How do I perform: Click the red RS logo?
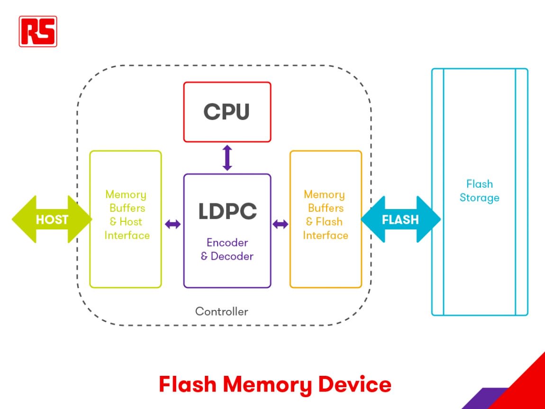[x=38, y=31]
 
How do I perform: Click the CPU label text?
[x=227, y=112]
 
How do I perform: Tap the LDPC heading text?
[x=227, y=211]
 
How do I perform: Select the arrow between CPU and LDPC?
[x=227, y=158]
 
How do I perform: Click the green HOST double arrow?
[x=52, y=219]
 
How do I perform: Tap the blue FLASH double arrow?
[x=401, y=219]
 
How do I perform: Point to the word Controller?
[x=222, y=311]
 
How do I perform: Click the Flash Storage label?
[x=480, y=191]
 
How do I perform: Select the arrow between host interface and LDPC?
[x=173, y=224]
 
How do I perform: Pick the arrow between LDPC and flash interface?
[x=281, y=224]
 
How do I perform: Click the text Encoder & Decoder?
[x=227, y=249]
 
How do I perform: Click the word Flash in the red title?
[x=188, y=384]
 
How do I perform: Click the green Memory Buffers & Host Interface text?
[x=127, y=215]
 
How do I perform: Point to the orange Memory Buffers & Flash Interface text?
[x=325, y=215]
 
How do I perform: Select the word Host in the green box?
[x=131, y=222]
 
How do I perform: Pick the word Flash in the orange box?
[x=329, y=222]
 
